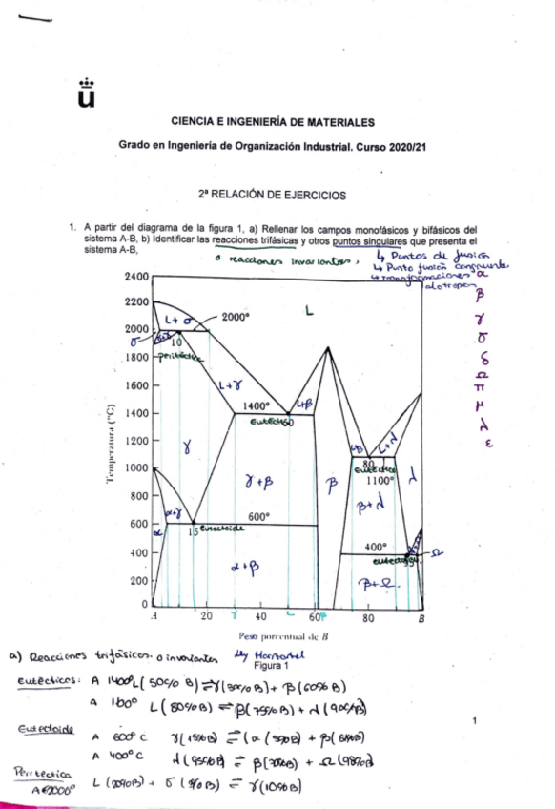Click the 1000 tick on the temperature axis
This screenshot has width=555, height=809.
137,468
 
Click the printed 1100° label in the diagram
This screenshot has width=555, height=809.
380,481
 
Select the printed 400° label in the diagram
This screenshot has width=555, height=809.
375,548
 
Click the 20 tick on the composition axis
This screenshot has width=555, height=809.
207,618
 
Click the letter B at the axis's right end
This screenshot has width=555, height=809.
421,618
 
